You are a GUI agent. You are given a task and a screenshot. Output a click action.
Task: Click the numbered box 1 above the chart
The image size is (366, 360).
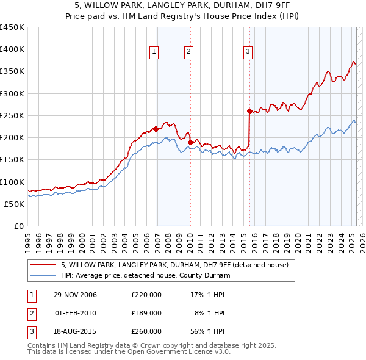coord(155,52)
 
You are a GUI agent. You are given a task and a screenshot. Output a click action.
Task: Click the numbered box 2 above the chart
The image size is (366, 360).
coord(189,52)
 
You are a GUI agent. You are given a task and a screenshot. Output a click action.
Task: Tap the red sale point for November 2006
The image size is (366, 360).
coord(156,129)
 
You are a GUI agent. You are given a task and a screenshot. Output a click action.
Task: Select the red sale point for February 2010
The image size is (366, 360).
coord(190,143)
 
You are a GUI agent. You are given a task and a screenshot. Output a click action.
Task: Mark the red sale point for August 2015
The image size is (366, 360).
coord(249,111)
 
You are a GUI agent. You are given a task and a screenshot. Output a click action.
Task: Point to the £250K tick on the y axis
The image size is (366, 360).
coord(12,115)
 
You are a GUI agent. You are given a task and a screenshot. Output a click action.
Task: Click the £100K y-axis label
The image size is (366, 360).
coord(12,182)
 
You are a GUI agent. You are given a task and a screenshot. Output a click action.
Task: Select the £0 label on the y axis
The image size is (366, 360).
coord(18,226)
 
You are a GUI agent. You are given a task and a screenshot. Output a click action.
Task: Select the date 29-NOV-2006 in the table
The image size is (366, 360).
coord(76,295)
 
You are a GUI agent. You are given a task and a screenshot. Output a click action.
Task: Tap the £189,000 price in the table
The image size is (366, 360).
coord(146,313)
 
